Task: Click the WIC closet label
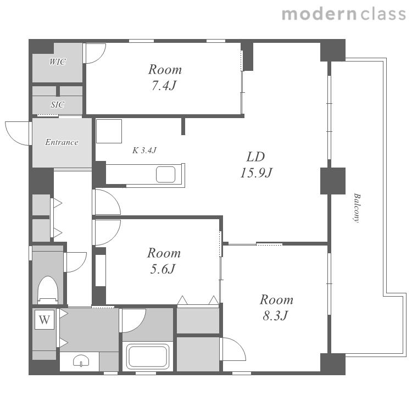coord(58,62)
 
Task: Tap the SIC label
coord(58,104)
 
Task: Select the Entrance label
coord(62,142)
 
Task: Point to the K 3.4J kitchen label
coord(144,151)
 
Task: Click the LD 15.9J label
coord(256,165)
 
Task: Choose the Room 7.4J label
coord(165,77)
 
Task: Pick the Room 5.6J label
coord(164,261)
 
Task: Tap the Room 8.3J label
coord(276,308)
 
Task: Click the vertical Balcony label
coord(357,208)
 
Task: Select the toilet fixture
coord(48,290)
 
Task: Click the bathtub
coord(147,356)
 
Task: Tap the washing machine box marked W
coord(44,320)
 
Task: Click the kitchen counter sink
coord(165,175)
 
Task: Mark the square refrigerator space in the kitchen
coord(109,131)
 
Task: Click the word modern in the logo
coord(319,14)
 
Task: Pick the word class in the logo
coord(383,14)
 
